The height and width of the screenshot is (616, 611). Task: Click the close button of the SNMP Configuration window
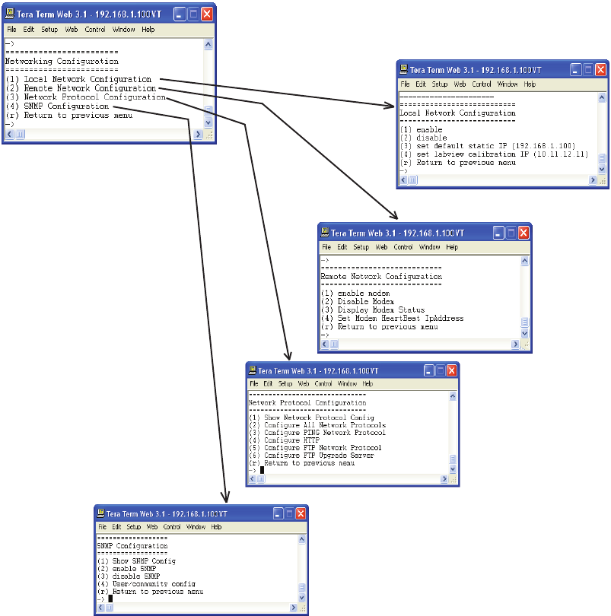pyautogui.click(x=300, y=513)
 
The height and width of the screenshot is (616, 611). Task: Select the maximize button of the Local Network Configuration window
pyautogui.click(x=586, y=69)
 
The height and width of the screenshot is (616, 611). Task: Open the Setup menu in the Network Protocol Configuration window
pyautogui.click(x=285, y=384)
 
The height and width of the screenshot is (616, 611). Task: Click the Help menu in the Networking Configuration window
pyautogui.click(x=148, y=30)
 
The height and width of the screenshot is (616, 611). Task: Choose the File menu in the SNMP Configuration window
pyautogui.click(x=102, y=526)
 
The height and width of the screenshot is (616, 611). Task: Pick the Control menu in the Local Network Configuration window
pyautogui.click(x=482, y=84)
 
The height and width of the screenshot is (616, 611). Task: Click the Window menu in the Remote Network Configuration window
pyautogui.click(x=429, y=247)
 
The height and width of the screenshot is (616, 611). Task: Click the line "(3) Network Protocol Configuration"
pyautogui.click(x=85, y=97)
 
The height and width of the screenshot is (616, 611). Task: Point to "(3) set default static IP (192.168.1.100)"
pyautogui.click(x=487, y=146)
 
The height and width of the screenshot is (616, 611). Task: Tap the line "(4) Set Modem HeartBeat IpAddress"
pyautogui.click(x=392, y=319)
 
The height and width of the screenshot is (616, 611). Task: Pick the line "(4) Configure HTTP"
pyautogui.click(x=279, y=440)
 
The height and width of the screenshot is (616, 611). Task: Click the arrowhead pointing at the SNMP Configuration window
pyautogui.click(x=225, y=498)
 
